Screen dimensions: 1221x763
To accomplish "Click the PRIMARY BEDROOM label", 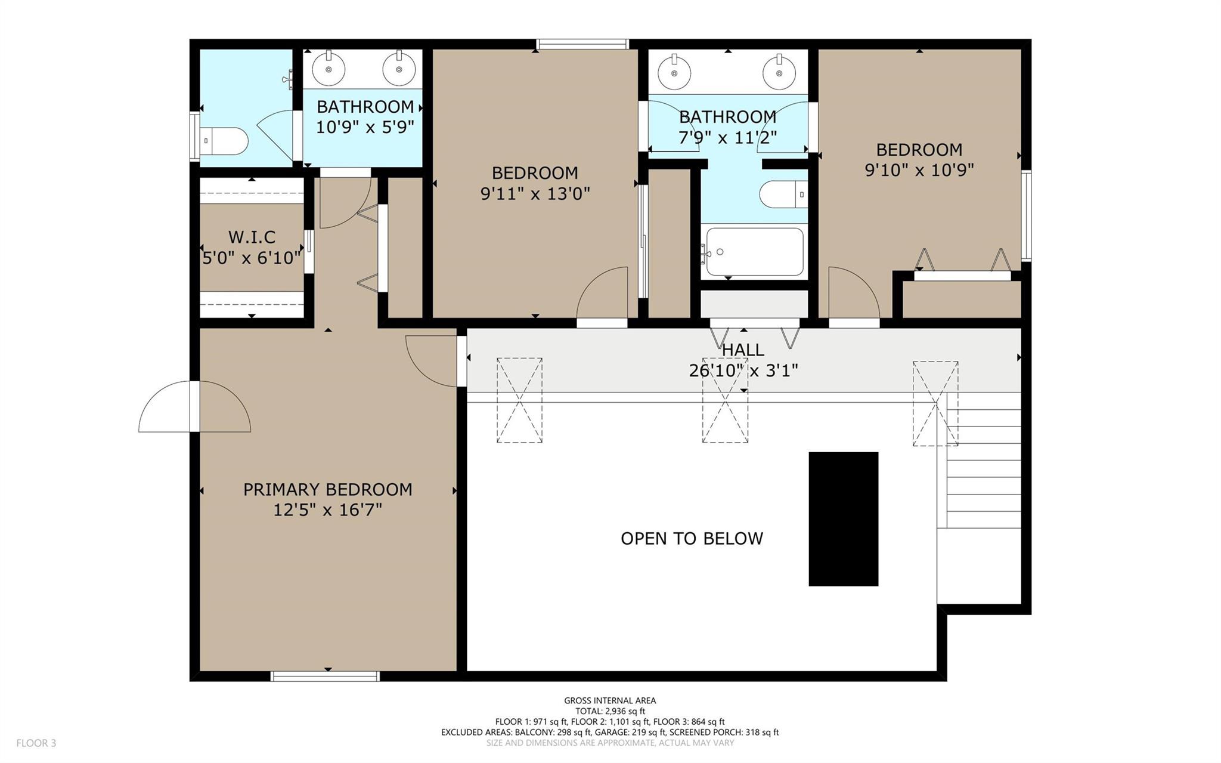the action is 327,490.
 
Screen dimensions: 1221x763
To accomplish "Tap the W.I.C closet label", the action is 252,237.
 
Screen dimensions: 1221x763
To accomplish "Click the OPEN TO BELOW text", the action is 692,539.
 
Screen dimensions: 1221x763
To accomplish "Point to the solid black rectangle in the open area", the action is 843,519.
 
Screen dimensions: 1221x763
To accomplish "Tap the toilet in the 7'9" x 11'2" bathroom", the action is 783,194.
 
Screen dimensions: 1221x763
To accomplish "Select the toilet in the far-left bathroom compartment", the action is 224,141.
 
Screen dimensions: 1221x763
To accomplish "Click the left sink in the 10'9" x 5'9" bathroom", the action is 329,68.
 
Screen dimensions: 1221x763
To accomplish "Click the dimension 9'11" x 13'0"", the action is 535,194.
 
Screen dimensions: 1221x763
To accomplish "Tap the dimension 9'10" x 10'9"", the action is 919,171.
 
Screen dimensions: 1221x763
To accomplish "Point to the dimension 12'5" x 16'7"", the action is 327,510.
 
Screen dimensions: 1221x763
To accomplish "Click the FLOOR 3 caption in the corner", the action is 36,743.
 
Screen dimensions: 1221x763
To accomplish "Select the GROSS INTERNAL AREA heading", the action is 610,701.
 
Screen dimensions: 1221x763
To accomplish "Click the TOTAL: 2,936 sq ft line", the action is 610,711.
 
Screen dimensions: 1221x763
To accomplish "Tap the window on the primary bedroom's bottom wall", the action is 325,676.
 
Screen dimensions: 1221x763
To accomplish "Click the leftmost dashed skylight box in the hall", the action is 519,400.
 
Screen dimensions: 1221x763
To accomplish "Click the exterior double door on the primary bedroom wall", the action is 194,406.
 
